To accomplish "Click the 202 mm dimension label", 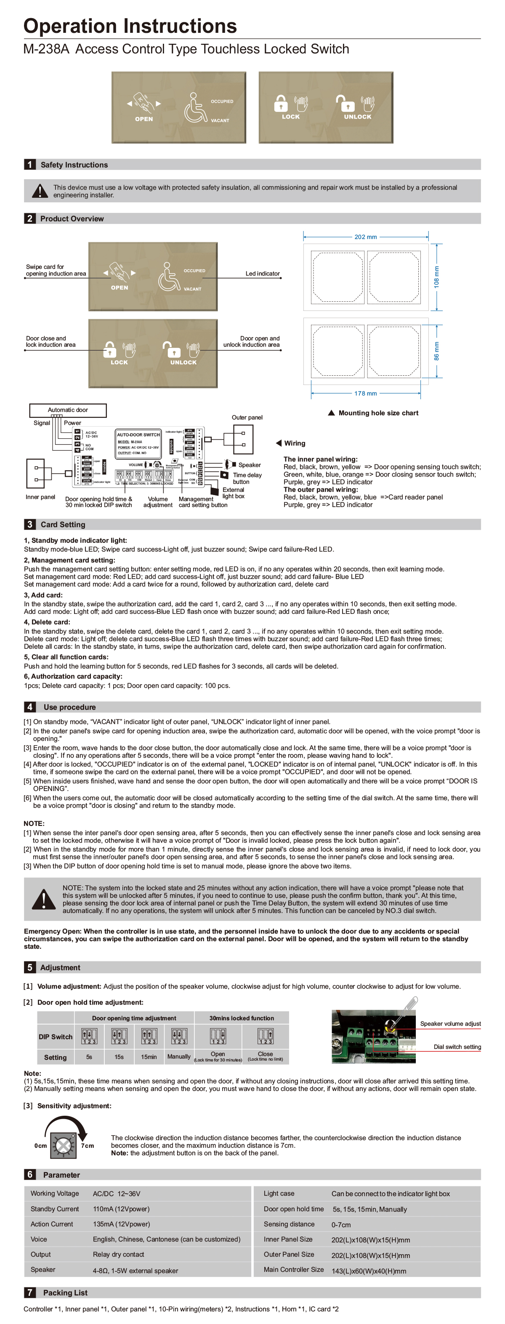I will point(365,237).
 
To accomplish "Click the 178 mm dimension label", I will point(365,393).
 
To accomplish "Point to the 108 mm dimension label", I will point(436,276).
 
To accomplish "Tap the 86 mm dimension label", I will point(436,350).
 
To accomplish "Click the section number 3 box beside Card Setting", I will point(29,524).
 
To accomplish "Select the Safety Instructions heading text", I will point(74,165).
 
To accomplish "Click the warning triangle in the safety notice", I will point(40,191).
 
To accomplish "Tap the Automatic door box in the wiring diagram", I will point(68,410).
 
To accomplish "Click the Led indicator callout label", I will point(262,273).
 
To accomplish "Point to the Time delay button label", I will point(247,478).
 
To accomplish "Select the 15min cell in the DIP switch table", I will point(149,1057).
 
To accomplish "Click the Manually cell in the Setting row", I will point(179,1057).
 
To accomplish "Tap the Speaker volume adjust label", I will point(450,1024).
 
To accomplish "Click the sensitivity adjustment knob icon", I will point(63,1146).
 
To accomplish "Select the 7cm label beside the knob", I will point(88,1146).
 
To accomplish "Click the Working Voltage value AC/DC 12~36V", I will point(116,1194).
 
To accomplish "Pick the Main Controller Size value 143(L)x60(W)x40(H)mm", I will point(368,1271).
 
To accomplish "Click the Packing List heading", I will point(65,1292).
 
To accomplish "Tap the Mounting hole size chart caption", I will point(378,413).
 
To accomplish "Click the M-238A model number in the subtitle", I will point(46,49).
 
